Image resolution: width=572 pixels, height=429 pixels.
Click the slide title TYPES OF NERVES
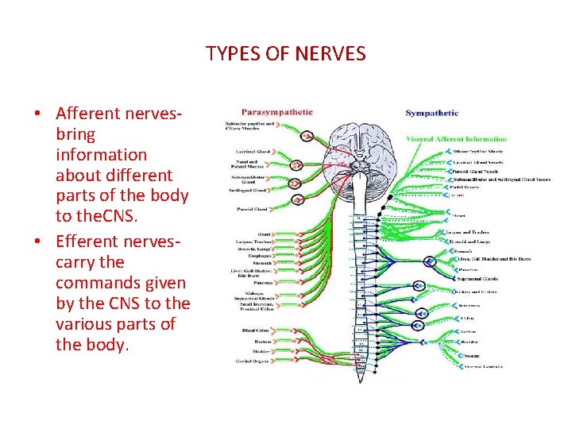click(x=285, y=54)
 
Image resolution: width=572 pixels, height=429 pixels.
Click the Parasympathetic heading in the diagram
click(x=278, y=113)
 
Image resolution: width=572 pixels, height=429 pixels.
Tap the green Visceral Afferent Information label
click(x=456, y=138)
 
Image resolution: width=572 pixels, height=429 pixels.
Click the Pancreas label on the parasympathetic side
click(x=263, y=282)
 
